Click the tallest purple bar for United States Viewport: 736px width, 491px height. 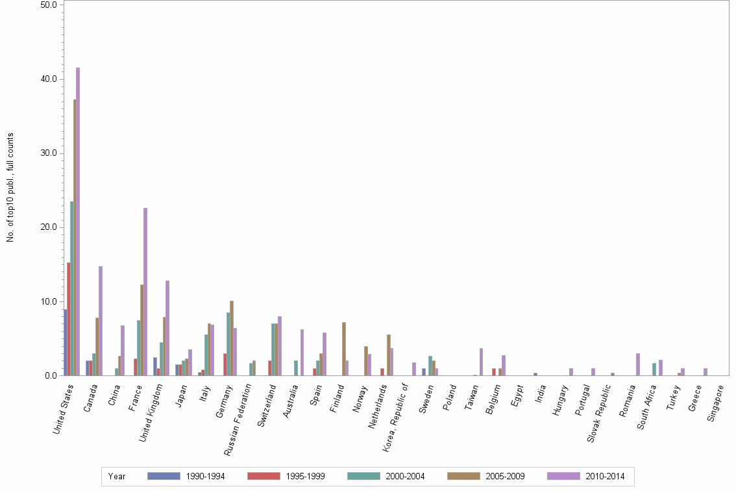(x=78, y=221)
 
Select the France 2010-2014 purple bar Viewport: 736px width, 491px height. (x=145, y=292)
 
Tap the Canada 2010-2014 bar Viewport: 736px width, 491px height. (x=101, y=321)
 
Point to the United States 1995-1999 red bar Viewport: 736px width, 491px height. (x=69, y=319)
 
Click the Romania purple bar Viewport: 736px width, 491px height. (x=638, y=364)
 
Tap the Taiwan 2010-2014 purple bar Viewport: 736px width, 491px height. (x=481, y=362)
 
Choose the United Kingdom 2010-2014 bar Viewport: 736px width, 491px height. (x=167, y=328)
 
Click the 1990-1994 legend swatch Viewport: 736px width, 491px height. (x=164, y=476)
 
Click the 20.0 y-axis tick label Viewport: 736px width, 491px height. (x=46, y=227)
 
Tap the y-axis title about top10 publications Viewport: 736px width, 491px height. (x=10, y=188)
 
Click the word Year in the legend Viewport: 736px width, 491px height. (x=117, y=476)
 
